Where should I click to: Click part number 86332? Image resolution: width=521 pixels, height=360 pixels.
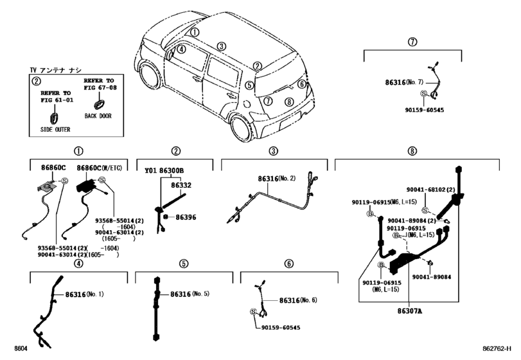click(181, 185)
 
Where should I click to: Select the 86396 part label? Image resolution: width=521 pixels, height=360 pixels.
click(186, 217)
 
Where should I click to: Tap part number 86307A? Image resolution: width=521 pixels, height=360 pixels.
click(410, 311)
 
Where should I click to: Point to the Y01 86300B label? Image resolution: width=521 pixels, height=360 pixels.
click(164, 171)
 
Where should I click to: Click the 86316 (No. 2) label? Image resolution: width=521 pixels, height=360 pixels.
click(276, 179)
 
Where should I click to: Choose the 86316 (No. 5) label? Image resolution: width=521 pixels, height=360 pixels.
click(190, 294)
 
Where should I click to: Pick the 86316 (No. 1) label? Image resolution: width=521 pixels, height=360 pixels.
click(84, 294)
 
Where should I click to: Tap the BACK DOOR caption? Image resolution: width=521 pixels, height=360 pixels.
click(98, 116)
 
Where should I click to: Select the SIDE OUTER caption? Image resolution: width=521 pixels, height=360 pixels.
click(55, 129)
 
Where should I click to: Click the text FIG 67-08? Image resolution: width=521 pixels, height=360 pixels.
click(100, 87)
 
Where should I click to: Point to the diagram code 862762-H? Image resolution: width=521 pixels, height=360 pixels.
click(497, 348)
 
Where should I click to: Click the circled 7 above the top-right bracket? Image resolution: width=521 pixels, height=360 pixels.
click(412, 42)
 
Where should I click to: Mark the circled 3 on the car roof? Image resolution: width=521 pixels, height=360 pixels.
click(222, 46)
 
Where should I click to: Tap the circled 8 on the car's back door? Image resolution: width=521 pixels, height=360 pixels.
click(289, 102)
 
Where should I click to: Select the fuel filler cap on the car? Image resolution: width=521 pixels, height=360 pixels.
click(247, 104)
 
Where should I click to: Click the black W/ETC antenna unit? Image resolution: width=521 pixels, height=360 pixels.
click(86, 186)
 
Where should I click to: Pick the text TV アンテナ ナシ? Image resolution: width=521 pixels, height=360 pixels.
click(55, 70)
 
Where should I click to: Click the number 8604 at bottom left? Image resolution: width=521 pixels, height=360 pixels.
click(21, 348)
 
